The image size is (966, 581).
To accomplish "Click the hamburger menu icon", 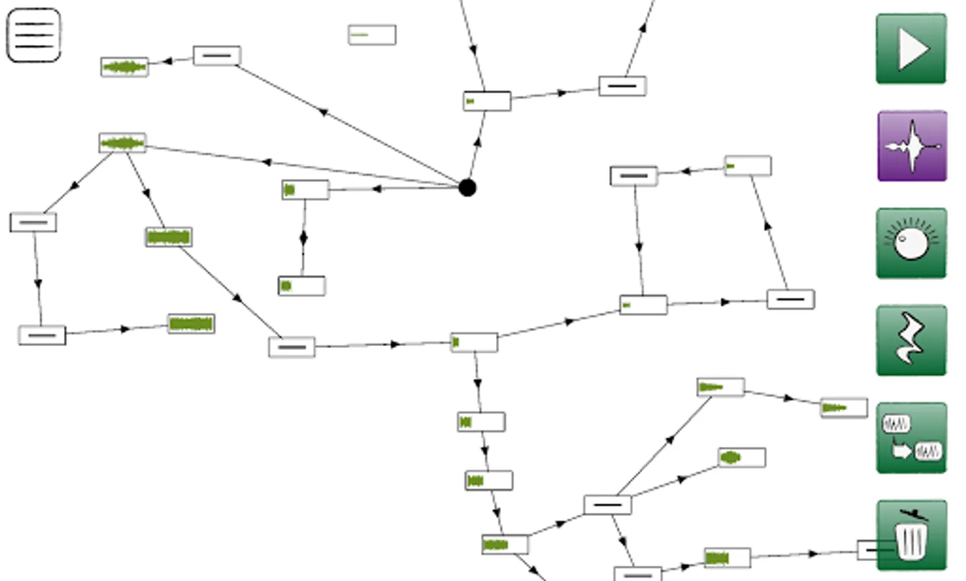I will [x=34, y=35].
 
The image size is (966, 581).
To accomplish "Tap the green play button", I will [x=911, y=49].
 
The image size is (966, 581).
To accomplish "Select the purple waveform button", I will [x=912, y=146].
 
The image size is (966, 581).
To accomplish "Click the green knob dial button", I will [x=911, y=243].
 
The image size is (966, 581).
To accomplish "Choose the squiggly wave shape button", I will [x=911, y=340].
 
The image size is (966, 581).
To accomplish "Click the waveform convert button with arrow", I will [x=911, y=438].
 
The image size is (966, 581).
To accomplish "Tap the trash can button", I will [x=911, y=535].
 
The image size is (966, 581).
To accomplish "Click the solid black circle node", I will [x=468, y=188].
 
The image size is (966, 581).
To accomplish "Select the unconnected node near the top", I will [x=372, y=35].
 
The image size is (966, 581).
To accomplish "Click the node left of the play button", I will [x=622, y=86].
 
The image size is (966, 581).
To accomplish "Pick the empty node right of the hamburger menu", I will [x=217, y=56].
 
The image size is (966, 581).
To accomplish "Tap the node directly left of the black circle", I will [x=305, y=190].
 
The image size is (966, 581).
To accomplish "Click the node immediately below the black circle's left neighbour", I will [x=302, y=286].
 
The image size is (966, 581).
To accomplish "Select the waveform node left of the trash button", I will [x=727, y=558].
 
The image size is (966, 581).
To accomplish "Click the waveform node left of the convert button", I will [x=843, y=408].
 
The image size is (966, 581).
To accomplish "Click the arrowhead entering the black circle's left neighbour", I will [x=376, y=189].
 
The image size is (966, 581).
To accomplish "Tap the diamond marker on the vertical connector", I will [x=303, y=238].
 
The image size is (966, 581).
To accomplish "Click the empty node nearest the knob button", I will [x=790, y=300].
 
